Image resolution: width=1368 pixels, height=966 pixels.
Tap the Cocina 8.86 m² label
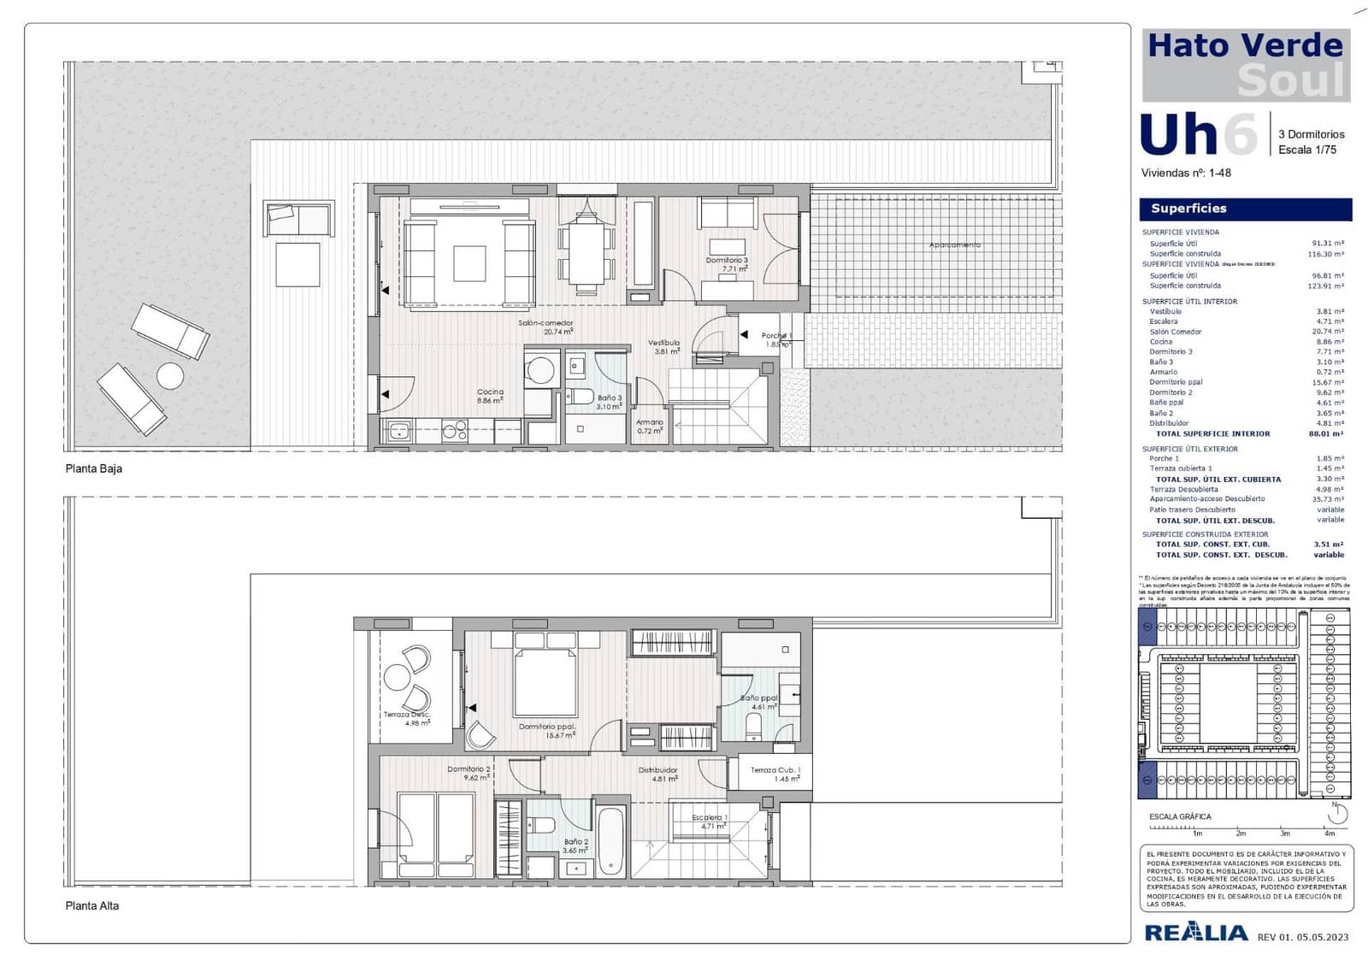[490, 396]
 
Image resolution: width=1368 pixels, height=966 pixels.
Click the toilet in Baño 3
[580, 397]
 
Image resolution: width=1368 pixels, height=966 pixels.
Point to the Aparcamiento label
[955, 245]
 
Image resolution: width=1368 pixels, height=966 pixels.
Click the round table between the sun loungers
[170, 376]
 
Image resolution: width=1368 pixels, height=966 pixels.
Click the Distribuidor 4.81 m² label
[658, 774]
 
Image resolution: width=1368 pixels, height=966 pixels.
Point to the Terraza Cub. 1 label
[775, 774]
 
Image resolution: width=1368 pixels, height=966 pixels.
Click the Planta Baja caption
[94, 468]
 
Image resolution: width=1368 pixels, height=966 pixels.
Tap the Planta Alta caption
[92, 905]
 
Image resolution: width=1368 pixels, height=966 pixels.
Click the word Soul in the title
[1290, 81]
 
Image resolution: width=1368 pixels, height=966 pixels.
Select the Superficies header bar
[1245, 209]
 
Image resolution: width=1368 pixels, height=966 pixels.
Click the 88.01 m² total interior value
[1325, 434]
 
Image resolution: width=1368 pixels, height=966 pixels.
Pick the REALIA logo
[1195, 933]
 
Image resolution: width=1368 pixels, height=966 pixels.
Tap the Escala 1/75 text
[1307, 150]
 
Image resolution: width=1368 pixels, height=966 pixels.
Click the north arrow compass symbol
[1337, 813]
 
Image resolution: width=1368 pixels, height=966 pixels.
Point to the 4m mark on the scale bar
[1330, 833]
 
